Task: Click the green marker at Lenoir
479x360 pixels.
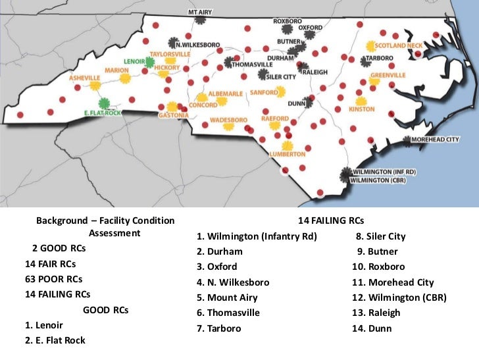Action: pos(150,63)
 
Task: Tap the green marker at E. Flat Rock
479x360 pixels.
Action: pos(103,103)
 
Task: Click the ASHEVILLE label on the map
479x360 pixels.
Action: pos(85,78)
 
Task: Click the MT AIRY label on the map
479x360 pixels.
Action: pos(200,12)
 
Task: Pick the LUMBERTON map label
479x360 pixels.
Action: pos(288,154)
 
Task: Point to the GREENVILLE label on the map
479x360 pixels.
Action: pos(388,75)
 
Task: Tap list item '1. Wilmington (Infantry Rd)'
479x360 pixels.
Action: pos(257,236)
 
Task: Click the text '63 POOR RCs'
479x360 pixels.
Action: pos(53,279)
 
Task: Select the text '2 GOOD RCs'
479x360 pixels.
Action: pos(58,249)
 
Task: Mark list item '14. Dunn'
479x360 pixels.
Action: pos(371,328)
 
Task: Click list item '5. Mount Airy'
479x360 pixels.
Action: pos(228,297)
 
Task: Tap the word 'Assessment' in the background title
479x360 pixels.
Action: pos(114,233)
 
